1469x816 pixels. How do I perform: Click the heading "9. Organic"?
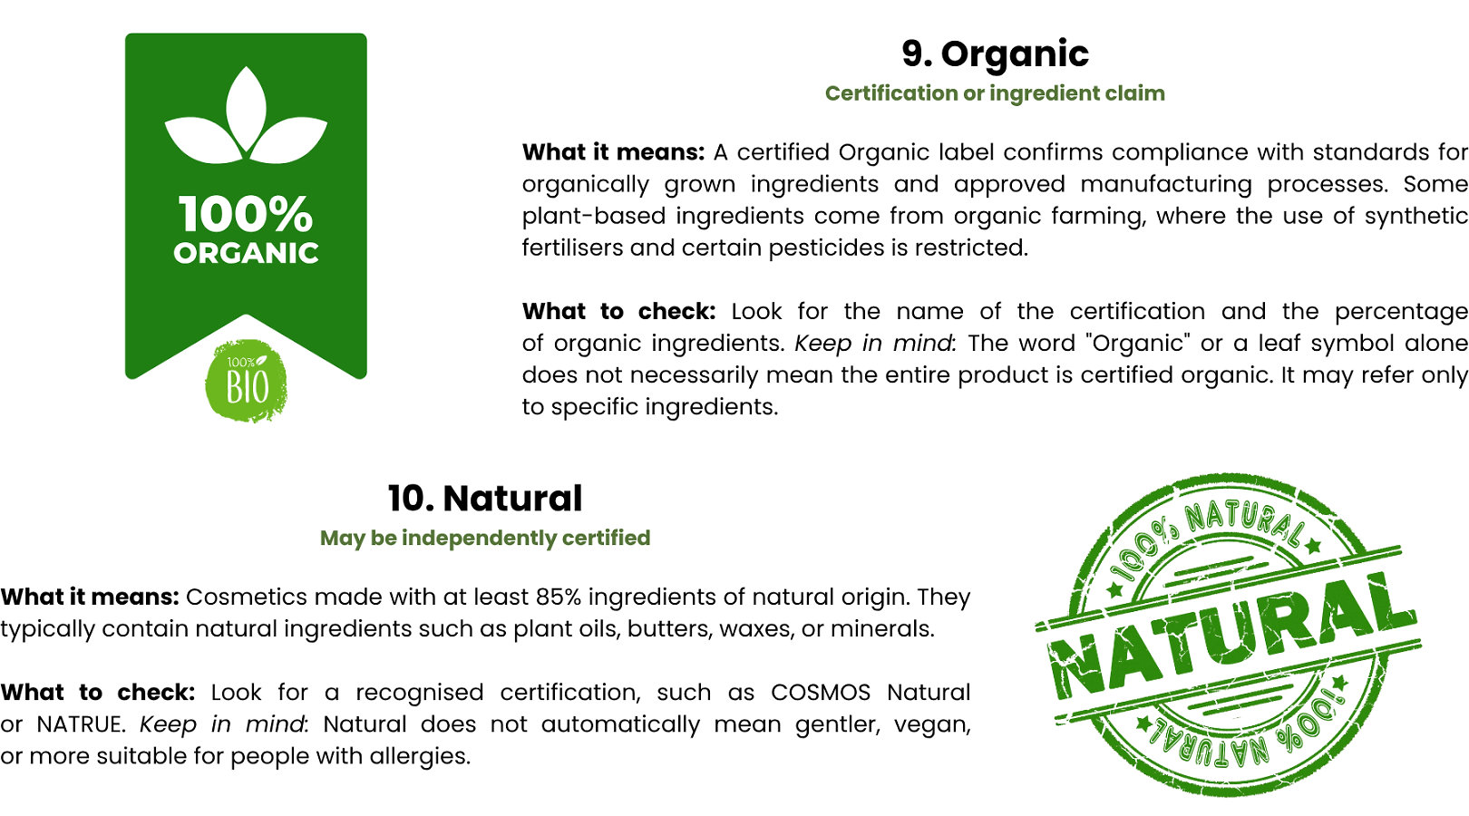coord(995,53)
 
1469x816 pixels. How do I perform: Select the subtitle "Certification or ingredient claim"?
coord(995,93)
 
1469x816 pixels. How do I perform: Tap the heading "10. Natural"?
coord(484,499)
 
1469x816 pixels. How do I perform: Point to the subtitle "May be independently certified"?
coord(484,539)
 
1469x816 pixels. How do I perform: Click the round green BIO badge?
coord(246,381)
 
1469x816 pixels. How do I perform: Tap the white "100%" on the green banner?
coord(246,214)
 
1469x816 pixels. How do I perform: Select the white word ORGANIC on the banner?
coord(246,253)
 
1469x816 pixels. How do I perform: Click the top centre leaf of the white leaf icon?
coord(246,108)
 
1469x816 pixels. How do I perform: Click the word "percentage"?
coord(1402,313)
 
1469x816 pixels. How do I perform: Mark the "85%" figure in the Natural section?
coord(558,597)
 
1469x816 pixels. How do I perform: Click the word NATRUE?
coord(80,724)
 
